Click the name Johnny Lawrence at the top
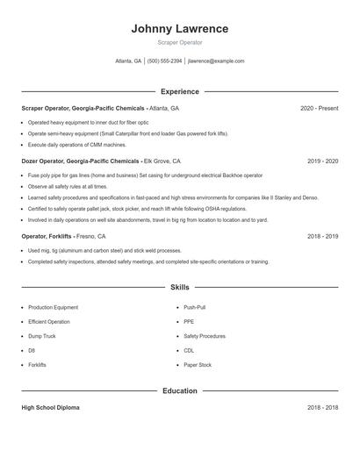pos(179,28)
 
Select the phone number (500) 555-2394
pos(164,61)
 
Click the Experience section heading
pos(179,91)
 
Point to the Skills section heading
pos(179,287)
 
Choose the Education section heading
pos(179,390)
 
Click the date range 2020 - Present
pos(319,109)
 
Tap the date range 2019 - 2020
pos(322,161)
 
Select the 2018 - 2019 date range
pos(322,237)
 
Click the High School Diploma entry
pos(51,408)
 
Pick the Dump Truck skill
pos(41,336)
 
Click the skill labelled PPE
pos(189,322)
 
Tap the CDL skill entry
pos(189,350)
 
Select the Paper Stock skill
pos(197,364)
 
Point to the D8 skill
pos(32,350)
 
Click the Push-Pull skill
pos(195,308)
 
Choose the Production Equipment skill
pos(53,308)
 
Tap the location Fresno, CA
pos(90,237)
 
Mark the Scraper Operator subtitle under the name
pos(179,42)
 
